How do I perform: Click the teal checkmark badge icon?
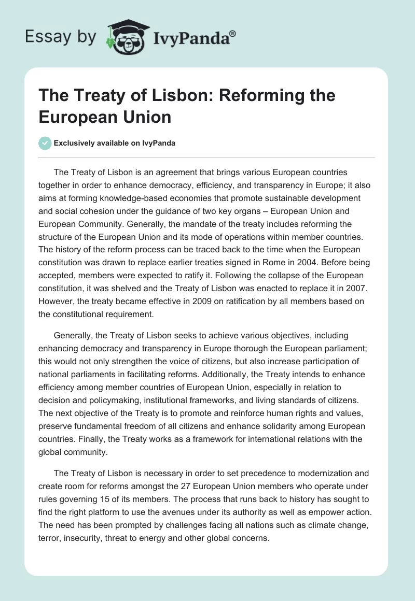click(46, 143)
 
